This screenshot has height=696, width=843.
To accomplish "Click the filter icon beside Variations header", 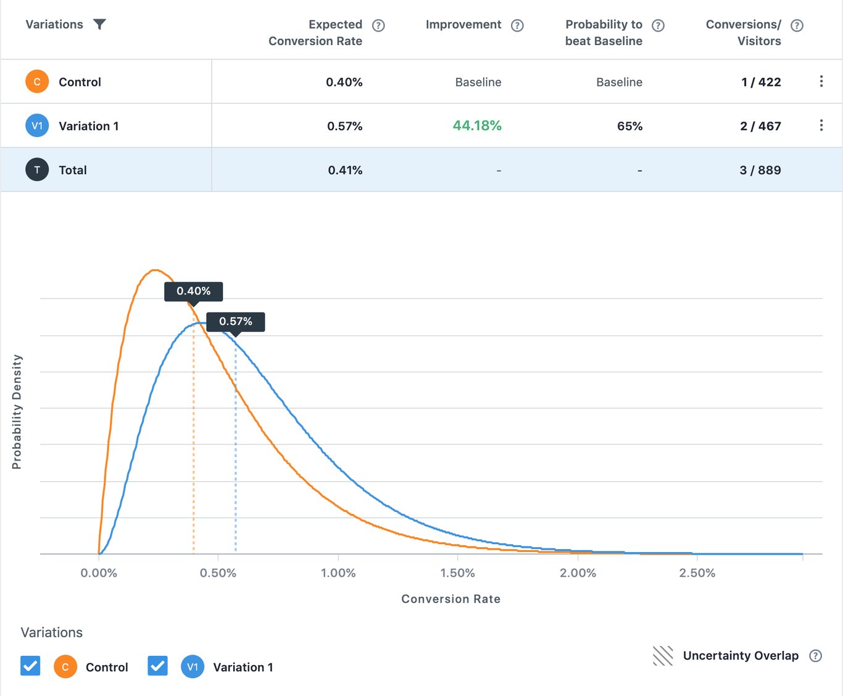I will pyautogui.click(x=99, y=24).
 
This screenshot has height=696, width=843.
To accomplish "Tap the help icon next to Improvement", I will pyautogui.click(x=517, y=25).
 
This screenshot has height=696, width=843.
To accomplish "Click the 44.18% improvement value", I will pyautogui.click(x=476, y=125).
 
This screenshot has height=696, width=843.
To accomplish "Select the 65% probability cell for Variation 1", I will pyautogui.click(x=629, y=126).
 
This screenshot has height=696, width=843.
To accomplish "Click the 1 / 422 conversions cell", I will pyautogui.click(x=760, y=82).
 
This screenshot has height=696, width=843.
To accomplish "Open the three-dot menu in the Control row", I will pyautogui.click(x=821, y=82).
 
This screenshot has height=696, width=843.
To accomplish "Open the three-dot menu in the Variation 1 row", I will pyautogui.click(x=821, y=125).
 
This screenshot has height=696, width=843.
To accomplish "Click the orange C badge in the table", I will pyautogui.click(x=37, y=82).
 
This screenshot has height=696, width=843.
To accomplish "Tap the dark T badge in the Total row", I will pyautogui.click(x=37, y=170).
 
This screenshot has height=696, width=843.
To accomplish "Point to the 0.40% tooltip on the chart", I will pyautogui.click(x=193, y=291).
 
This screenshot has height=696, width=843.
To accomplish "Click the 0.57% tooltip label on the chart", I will pyautogui.click(x=235, y=321).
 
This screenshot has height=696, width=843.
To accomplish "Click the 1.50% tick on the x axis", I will pyautogui.click(x=457, y=573).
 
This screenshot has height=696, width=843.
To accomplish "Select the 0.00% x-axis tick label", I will pyautogui.click(x=99, y=573).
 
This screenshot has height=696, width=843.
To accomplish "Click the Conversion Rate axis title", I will pyautogui.click(x=451, y=599).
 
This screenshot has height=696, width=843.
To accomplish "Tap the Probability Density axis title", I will pyautogui.click(x=17, y=412).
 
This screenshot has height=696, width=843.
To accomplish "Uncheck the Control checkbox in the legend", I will pyautogui.click(x=30, y=666).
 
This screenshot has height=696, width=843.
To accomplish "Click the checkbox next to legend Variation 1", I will pyautogui.click(x=158, y=666).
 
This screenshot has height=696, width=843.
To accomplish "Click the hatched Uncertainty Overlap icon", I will pyautogui.click(x=663, y=656).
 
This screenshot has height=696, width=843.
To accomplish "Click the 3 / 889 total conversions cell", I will pyautogui.click(x=760, y=170).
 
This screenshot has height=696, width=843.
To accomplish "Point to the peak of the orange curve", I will pyautogui.click(x=155, y=270).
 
